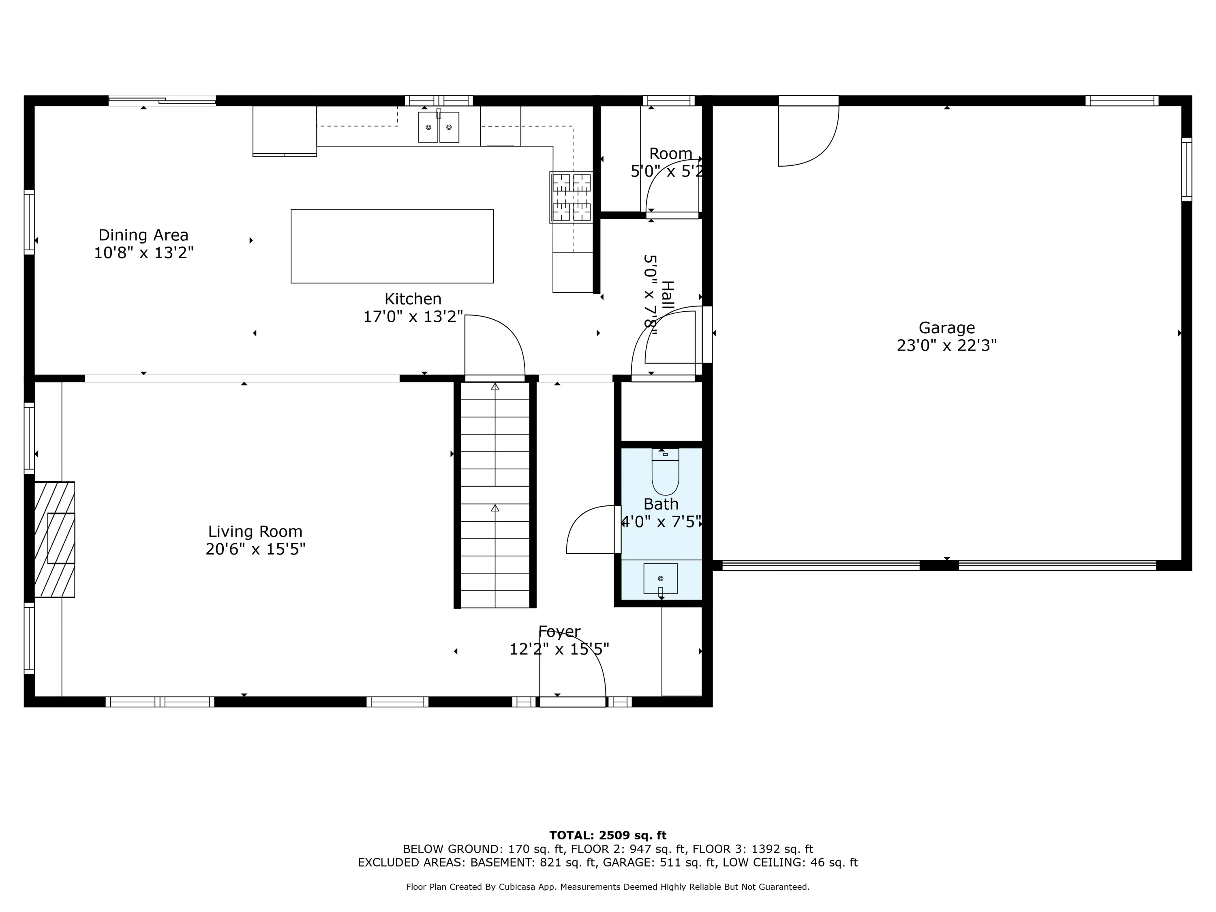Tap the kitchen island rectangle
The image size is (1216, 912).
[x=392, y=246]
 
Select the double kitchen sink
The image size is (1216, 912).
[x=438, y=127]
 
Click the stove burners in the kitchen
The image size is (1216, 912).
[x=571, y=197]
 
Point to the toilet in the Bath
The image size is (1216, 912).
[x=665, y=473]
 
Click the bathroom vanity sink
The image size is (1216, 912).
[x=660, y=578]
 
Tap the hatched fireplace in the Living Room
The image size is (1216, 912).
[x=54, y=539]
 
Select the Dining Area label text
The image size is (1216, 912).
[x=143, y=235]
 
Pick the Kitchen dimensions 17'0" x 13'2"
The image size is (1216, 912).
[x=413, y=317]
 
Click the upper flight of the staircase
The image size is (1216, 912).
[x=495, y=434]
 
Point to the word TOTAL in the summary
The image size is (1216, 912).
[x=569, y=835]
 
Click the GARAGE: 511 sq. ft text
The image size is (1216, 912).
[x=659, y=863]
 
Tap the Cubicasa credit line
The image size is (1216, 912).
[x=608, y=887]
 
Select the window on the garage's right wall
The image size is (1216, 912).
[x=1186, y=169]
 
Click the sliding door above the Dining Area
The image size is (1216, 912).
[x=162, y=101]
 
